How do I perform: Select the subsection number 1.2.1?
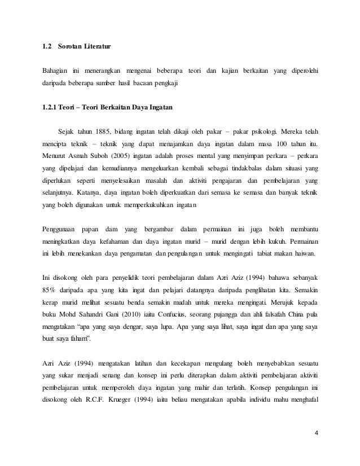[x=53, y=107]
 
